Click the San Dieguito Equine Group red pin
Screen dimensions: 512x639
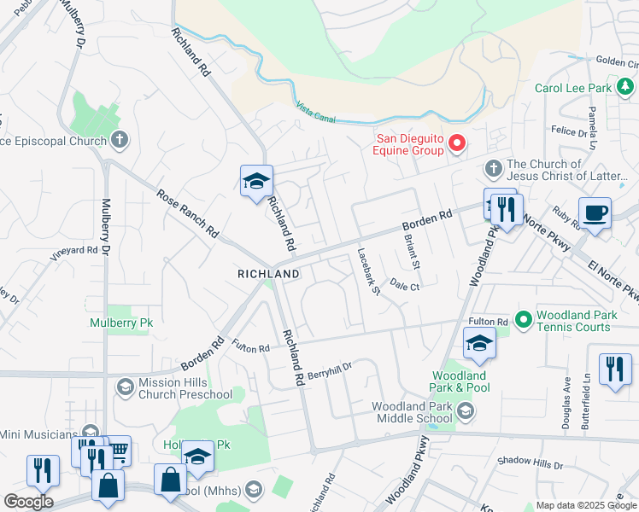(x=457, y=143)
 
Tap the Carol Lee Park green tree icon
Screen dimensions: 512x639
(x=626, y=87)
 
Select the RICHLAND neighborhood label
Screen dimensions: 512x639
(x=268, y=274)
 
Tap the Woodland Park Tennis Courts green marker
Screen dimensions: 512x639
(x=522, y=321)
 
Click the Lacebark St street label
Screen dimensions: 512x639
(x=369, y=271)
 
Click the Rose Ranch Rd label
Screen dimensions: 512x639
(x=188, y=214)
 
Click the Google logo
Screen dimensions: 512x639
(x=28, y=502)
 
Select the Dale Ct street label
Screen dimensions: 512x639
(x=404, y=288)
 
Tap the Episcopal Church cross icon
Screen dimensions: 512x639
(x=120, y=139)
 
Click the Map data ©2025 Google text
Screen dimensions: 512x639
(x=586, y=505)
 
